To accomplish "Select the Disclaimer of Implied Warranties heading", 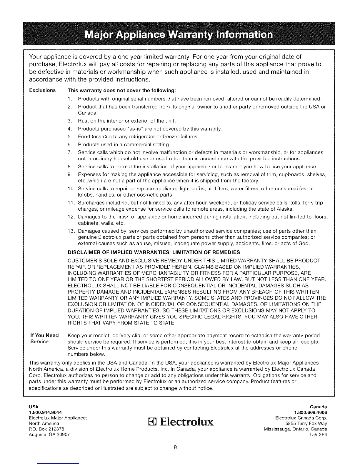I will (x=154, y=252).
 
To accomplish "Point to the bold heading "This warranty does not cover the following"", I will (x=122, y=90).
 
